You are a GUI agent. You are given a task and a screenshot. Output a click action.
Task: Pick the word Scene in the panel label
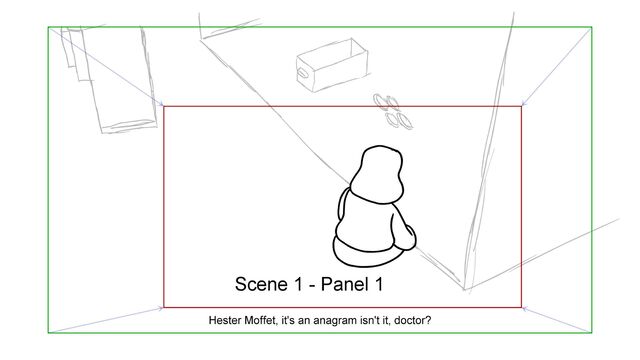pos(261,284)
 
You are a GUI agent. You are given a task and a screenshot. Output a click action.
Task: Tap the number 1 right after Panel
pos(377,284)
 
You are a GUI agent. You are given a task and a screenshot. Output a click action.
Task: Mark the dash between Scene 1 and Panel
pos(311,286)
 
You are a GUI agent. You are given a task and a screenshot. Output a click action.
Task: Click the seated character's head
pos(377,175)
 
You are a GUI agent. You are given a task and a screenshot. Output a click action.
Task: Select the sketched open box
pos(332,65)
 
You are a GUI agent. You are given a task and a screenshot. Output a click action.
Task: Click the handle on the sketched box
pos(303,73)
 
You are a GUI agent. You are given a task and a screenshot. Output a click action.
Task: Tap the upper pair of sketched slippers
pos(387,102)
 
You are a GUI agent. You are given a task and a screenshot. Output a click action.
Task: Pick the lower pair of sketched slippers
pos(399,121)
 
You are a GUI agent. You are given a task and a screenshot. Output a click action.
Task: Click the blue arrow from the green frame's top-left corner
pos(106,67)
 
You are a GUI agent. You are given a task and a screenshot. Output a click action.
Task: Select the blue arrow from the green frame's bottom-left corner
pos(106,320)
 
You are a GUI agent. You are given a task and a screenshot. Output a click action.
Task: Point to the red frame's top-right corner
pos(521,107)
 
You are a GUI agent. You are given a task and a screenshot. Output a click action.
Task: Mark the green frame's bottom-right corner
pos(591,333)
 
